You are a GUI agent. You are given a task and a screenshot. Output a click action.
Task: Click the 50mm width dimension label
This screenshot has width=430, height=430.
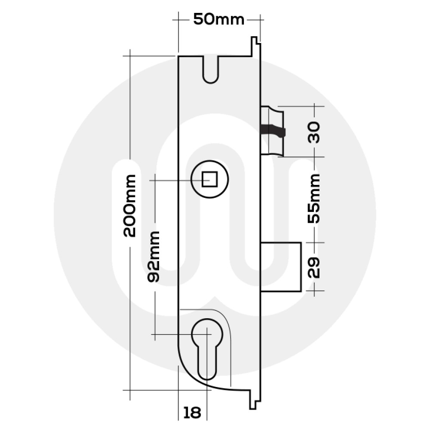click(x=218, y=19)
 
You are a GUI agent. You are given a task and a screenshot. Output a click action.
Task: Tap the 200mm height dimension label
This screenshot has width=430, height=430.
click(x=129, y=206)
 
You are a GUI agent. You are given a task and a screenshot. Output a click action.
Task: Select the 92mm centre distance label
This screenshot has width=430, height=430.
click(x=154, y=256)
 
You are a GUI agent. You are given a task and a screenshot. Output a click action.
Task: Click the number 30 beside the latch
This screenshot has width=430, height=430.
click(x=315, y=132)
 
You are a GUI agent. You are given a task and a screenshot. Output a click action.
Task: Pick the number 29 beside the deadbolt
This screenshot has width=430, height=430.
click(x=315, y=267)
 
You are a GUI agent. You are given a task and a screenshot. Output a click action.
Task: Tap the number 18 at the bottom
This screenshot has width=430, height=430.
click(x=192, y=413)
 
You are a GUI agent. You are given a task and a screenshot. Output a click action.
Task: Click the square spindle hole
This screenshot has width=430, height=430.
click(x=209, y=179)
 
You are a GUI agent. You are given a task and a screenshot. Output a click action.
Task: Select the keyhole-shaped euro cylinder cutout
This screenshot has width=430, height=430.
click(x=207, y=348)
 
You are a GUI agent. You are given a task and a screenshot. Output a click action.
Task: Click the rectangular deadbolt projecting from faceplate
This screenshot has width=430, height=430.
click(x=282, y=266)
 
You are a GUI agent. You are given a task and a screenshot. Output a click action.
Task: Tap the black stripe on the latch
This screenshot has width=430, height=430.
click(x=273, y=129)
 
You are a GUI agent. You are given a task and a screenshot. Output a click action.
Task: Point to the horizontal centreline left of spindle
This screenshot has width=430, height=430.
click(x=170, y=181)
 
